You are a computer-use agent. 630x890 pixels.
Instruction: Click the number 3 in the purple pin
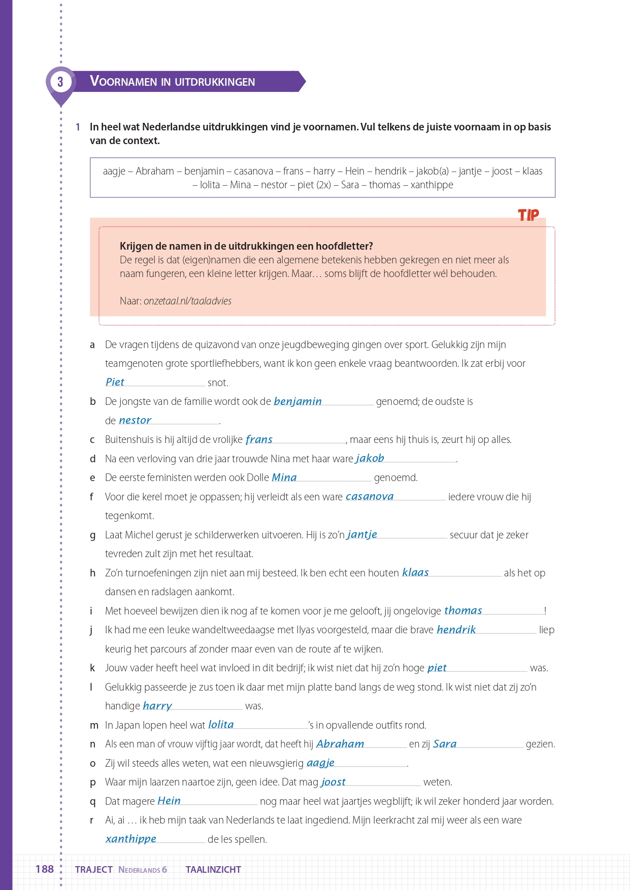pyautogui.click(x=60, y=82)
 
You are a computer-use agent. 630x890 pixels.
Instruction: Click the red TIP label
pyautogui.click(x=528, y=215)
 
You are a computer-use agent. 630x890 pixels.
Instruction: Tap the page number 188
pyautogui.click(x=45, y=869)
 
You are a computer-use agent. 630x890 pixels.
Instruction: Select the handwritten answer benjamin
pyautogui.click(x=297, y=401)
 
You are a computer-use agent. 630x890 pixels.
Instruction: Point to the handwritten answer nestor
pyautogui.click(x=135, y=420)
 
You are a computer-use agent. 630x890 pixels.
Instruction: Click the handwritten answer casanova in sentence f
pyautogui.click(x=370, y=496)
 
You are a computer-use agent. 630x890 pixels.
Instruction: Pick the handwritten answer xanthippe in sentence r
pyautogui.click(x=131, y=839)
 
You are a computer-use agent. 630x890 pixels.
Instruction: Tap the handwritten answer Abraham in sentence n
pyautogui.click(x=340, y=744)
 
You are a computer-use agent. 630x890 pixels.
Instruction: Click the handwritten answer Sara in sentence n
pyautogui.click(x=445, y=744)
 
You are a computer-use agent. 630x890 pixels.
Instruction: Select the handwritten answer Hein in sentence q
pyautogui.click(x=169, y=801)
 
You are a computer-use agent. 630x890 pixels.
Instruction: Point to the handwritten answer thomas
pyautogui.click(x=463, y=610)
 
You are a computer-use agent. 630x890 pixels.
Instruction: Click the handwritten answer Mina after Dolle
pyautogui.click(x=284, y=477)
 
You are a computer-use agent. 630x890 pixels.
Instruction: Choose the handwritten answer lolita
pyautogui.click(x=221, y=725)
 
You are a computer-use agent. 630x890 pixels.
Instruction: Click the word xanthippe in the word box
pyautogui.click(x=432, y=185)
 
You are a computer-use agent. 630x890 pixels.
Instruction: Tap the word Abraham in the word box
pyautogui.click(x=155, y=171)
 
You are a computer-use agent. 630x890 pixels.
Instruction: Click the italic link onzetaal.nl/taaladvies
pyautogui.click(x=187, y=301)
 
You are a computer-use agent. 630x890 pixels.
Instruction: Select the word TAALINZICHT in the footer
pyautogui.click(x=213, y=869)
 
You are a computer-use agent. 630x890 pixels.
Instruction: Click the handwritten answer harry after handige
pyautogui.click(x=157, y=706)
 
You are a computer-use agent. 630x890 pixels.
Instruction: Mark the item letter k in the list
pyautogui.click(x=92, y=668)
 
